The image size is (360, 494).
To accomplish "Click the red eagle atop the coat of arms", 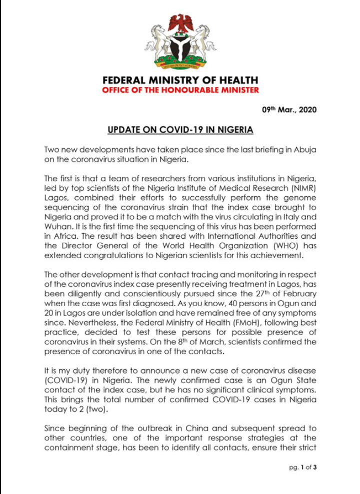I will pos(180,23).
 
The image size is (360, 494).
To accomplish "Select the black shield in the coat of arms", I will pos(180,48).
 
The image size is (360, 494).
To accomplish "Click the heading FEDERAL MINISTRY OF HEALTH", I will pos(180,80).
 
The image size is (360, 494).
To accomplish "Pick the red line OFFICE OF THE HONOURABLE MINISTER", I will pos(180,90).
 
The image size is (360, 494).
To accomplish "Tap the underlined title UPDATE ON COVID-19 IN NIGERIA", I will pos(180,130).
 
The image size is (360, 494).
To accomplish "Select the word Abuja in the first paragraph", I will pos(304,150).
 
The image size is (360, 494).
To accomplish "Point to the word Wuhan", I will pos(56,224).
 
